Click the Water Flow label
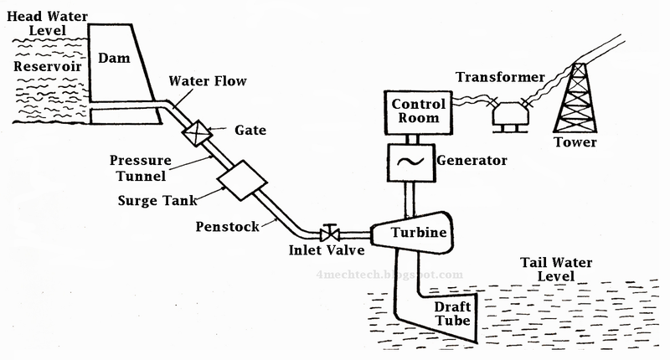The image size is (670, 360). pyautogui.click(x=204, y=81)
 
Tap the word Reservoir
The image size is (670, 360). pyautogui.click(x=38, y=65)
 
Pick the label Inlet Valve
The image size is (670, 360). pyautogui.click(x=324, y=250)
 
